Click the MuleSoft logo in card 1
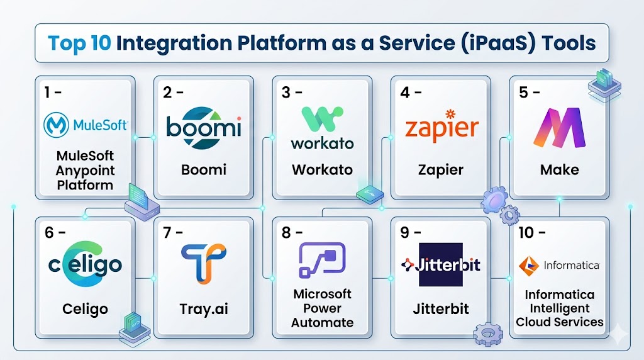coord(86,125)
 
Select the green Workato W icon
coord(322,120)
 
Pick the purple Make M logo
coord(559,128)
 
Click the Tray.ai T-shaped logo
coord(203,261)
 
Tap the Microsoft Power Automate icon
coord(322,260)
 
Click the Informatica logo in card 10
coord(559,266)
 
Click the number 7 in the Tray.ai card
coord(168,232)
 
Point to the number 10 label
coord(525,232)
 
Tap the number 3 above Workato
coord(287,93)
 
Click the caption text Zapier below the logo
coord(441,170)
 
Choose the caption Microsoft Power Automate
coord(323,308)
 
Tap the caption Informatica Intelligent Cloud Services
coord(559,308)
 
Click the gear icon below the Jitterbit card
coord(487,334)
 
